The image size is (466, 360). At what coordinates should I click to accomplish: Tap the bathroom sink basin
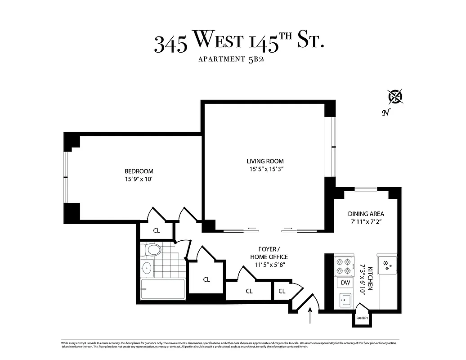pos(147,268)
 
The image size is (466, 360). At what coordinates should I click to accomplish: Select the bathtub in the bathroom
pos(162,289)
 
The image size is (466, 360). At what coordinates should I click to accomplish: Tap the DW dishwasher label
pos(345,283)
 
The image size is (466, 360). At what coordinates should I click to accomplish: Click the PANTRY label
pos(362,318)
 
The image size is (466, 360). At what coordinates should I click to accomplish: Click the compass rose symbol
pos(396,96)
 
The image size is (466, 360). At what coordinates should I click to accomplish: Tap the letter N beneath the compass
pos(385,113)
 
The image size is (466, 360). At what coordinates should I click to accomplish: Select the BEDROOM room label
pos(139,171)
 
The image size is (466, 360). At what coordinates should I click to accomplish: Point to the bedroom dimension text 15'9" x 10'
pos(139,179)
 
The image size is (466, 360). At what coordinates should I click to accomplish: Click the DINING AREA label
pos(366,214)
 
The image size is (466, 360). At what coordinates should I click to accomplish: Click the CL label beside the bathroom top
pos(156,230)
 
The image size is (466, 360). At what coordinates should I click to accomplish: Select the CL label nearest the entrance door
pos(282,291)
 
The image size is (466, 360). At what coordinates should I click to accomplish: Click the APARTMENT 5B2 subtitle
pos(230,59)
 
